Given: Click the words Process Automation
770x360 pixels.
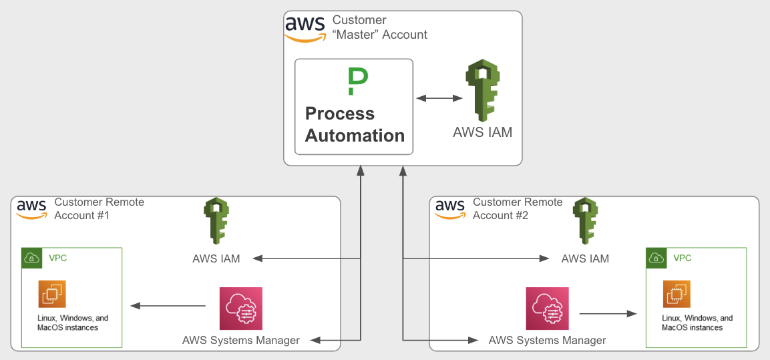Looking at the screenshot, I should (x=355, y=125).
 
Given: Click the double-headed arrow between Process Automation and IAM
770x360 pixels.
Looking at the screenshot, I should (x=439, y=99).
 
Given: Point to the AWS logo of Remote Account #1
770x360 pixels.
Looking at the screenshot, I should (x=31, y=209).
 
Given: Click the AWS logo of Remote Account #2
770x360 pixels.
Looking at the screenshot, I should (x=450, y=209).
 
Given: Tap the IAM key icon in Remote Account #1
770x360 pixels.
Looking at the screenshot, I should (x=216, y=221).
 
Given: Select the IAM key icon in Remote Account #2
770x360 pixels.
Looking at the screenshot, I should (x=585, y=221).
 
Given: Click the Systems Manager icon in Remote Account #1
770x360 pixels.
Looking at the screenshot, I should (x=241, y=308).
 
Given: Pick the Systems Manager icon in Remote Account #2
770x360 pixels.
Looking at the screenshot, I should (x=547, y=308).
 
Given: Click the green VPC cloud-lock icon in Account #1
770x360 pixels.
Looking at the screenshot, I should (x=32, y=258).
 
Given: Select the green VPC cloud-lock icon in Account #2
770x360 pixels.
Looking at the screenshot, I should (x=656, y=258).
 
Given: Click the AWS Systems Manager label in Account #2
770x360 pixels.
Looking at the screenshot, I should (x=547, y=341).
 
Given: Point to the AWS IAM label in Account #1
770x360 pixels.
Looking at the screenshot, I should (x=216, y=258).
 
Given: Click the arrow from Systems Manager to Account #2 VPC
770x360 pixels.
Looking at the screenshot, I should (x=607, y=313).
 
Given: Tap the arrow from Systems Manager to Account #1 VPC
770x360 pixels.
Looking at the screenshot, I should (x=168, y=306).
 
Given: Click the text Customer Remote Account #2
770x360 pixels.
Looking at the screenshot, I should (x=518, y=208).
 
